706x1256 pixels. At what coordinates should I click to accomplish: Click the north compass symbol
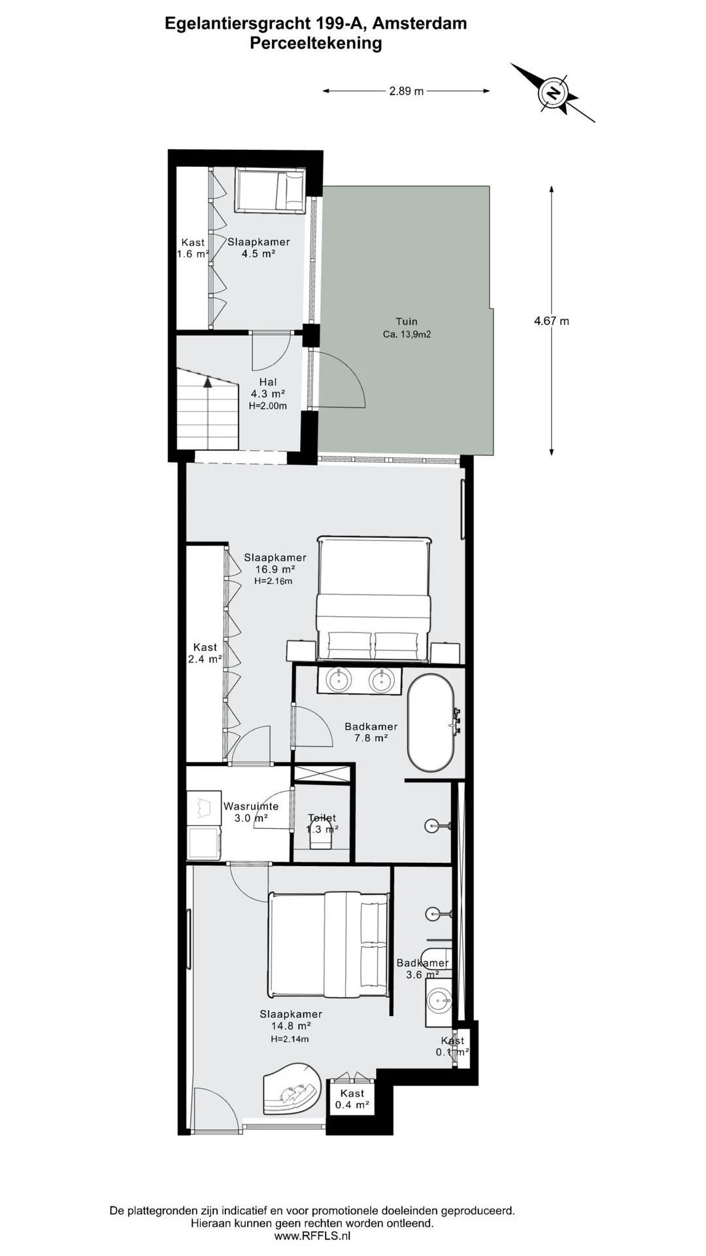point(554,93)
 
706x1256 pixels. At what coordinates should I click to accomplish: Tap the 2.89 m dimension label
point(407,91)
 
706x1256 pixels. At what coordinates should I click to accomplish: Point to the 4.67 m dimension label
point(552,321)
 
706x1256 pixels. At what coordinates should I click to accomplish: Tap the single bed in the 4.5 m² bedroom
point(270,190)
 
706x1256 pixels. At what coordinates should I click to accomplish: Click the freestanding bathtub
point(431,722)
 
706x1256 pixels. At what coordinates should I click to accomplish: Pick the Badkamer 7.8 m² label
point(371,732)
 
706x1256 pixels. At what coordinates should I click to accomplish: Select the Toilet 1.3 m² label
point(322,824)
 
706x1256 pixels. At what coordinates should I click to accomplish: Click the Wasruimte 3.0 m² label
point(251,812)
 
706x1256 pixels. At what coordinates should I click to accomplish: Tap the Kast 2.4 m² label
point(205,653)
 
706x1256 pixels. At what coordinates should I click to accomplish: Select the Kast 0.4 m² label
point(352,1099)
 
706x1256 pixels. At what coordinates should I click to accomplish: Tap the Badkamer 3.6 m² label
point(423,968)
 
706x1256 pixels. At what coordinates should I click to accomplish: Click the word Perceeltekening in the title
point(316,43)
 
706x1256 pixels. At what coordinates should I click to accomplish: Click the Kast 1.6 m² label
point(193,248)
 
